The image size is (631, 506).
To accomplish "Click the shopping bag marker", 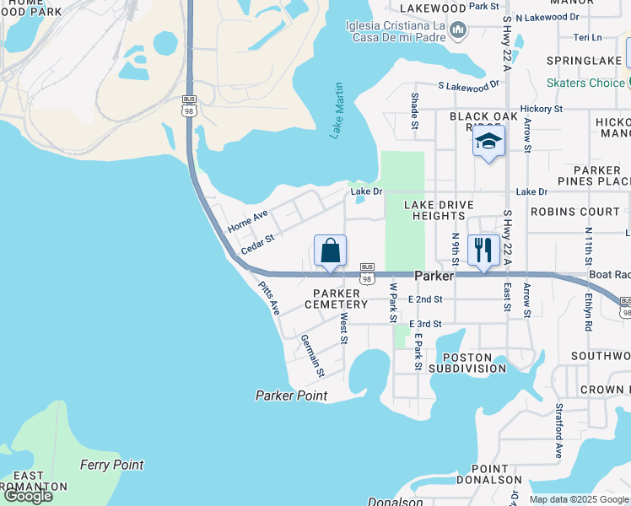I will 330,251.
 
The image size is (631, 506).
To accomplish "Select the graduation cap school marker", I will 488,141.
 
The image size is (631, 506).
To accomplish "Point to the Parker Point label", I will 291,396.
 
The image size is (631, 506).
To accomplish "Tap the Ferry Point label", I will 111,465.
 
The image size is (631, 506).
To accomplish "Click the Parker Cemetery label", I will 336,299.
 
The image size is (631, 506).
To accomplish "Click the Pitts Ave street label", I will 269,299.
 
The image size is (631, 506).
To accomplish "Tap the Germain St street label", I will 313,355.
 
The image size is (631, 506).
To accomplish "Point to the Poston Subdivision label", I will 467,363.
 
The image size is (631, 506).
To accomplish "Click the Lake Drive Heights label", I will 434,210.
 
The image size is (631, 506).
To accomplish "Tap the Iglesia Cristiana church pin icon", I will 458,31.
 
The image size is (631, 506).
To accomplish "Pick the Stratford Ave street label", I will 558,430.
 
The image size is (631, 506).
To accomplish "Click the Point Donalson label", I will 489,474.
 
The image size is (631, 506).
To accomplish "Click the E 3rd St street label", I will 425,324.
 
